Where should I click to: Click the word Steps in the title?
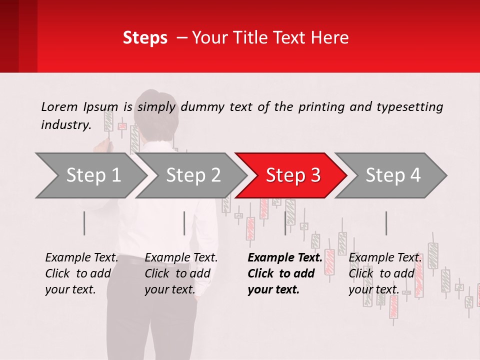145,38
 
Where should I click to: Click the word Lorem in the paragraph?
59,106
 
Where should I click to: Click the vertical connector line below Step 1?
84,223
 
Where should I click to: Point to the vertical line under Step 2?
184,223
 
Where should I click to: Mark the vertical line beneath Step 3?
285,223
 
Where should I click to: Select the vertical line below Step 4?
386,223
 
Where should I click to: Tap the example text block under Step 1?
81,273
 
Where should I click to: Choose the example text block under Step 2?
181,273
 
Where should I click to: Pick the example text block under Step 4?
385,273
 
